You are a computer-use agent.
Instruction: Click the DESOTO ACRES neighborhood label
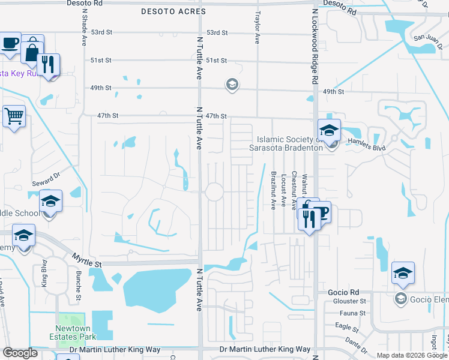(x=173, y=11)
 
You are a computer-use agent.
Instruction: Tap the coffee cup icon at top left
(x=10, y=43)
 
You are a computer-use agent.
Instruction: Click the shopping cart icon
(x=13, y=116)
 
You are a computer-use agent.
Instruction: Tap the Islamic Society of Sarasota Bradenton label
(x=286, y=143)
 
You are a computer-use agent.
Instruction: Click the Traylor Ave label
(x=258, y=29)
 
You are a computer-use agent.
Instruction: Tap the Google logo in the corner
(x=20, y=353)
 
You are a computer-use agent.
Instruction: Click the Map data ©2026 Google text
(x=411, y=355)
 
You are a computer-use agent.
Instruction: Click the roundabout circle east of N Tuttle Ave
(x=214, y=193)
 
